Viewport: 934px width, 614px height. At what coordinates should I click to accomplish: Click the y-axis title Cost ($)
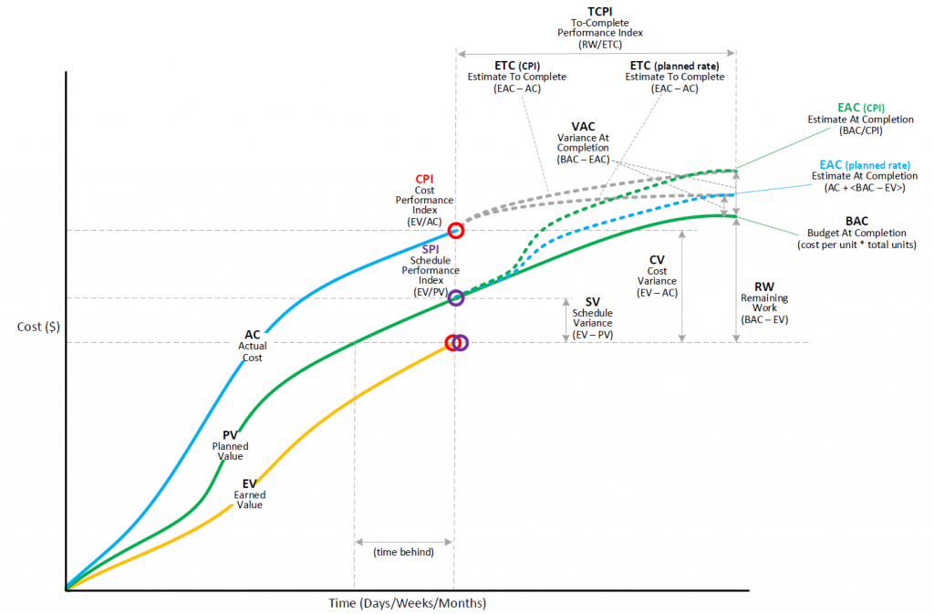tap(38, 327)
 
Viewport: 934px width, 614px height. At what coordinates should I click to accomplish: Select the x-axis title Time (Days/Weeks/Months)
tap(408, 604)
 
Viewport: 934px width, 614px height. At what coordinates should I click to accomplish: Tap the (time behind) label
tap(403, 551)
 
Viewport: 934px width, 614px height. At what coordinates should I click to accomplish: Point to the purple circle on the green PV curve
tap(456, 297)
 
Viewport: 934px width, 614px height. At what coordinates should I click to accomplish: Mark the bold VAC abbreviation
tap(583, 126)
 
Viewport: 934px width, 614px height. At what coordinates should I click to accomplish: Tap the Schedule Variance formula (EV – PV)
tap(592, 334)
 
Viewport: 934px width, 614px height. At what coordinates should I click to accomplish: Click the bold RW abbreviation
tap(764, 286)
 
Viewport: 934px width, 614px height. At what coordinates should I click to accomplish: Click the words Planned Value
tap(230, 451)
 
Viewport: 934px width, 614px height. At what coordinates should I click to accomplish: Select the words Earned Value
tap(249, 500)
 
